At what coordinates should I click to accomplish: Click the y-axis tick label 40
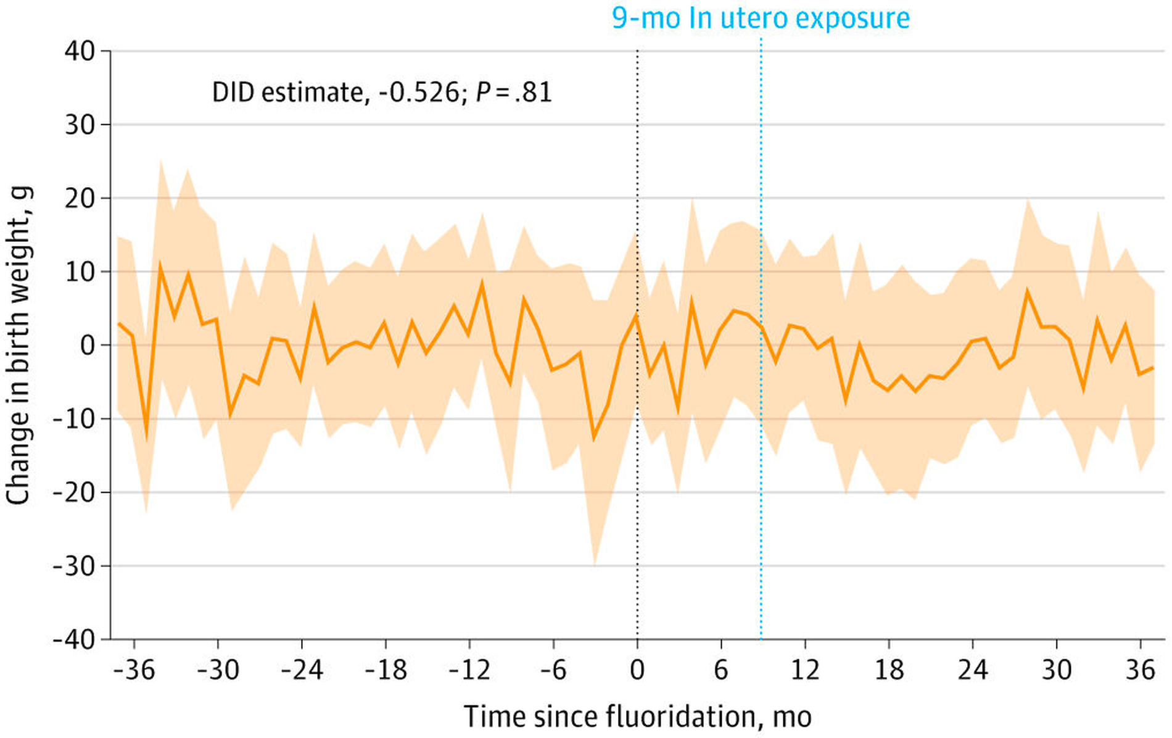point(80,51)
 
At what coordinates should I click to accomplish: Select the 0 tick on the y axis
point(88,345)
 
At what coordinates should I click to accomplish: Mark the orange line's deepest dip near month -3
point(594,439)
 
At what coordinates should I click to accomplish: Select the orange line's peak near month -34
point(160,265)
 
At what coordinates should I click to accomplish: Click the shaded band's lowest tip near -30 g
point(594,564)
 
